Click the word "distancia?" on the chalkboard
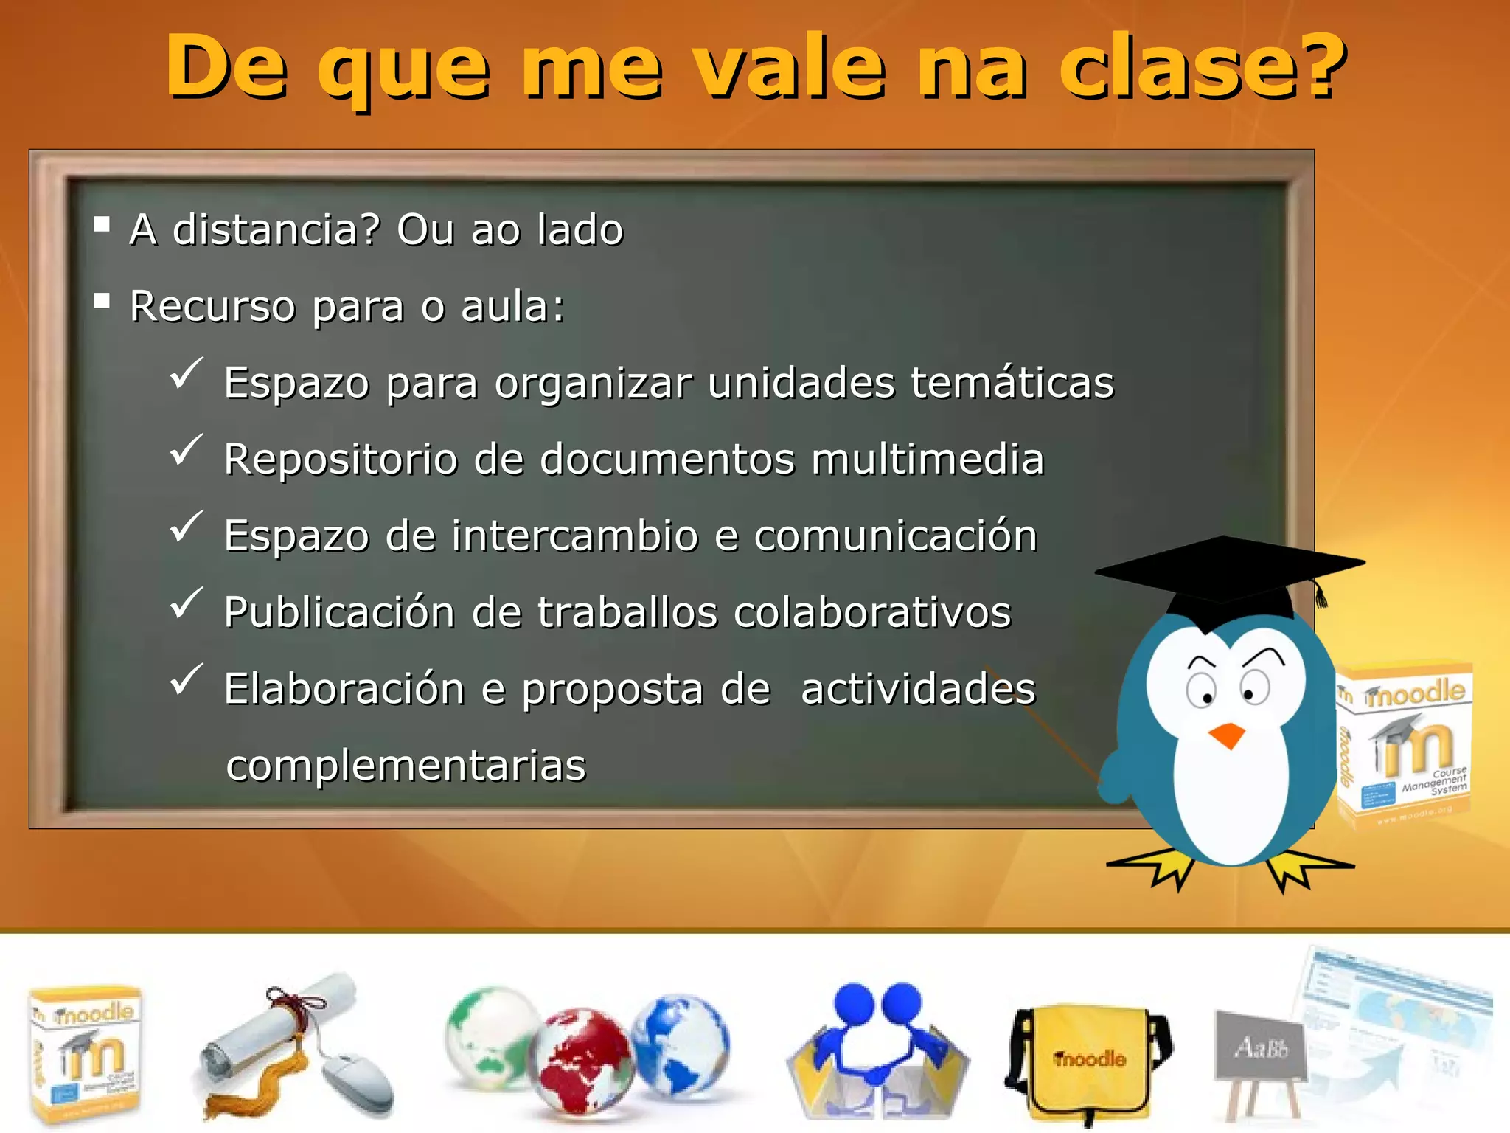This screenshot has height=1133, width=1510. pyautogui.click(x=276, y=229)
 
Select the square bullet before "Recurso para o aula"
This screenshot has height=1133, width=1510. pyautogui.click(x=102, y=300)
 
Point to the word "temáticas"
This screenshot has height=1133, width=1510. pyautogui.click(x=1012, y=383)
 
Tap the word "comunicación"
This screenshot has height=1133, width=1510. pyautogui.click(x=895, y=536)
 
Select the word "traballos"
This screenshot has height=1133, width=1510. pyautogui.click(x=627, y=612)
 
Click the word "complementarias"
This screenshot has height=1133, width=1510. pyautogui.click(x=406, y=766)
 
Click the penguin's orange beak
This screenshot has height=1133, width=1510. pyautogui.click(x=1227, y=735)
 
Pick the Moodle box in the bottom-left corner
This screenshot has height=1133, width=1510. pyautogui.click(x=85, y=1055)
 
